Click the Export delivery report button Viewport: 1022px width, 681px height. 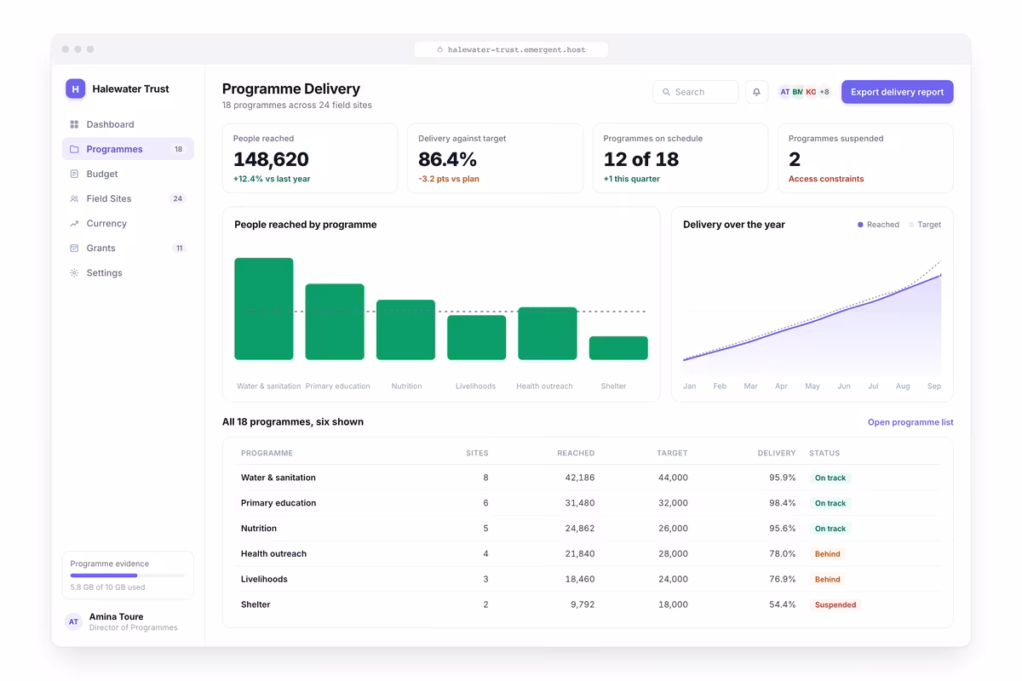click(x=897, y=92)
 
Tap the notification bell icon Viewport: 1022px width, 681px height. click(x=756, y=92)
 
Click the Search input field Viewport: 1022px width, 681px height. click(x=695, y=92)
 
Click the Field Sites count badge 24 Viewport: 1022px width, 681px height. click(x=177, y=198)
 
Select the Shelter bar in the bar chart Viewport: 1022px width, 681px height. click(x=618, y=348)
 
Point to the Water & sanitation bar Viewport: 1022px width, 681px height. click(x=264, y=309)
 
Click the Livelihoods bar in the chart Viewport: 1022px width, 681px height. click(x=476, y=338)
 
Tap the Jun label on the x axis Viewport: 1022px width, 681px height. click(x=844, y=386)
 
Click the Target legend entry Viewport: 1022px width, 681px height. click(x=924, y=225)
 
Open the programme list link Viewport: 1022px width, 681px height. click(x=910, y=422)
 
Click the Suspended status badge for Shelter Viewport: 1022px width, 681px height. click(x=835, y=604)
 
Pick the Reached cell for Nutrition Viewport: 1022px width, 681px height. click(x=579, y=528)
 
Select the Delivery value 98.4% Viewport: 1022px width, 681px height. click(x=782, y=502)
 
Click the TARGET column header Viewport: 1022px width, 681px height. click(x=672, y=453)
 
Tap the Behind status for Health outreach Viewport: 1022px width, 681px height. click(x=827, y=554)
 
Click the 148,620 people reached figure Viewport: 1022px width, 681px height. click(x=271, y=159)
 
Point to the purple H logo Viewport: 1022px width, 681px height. click(x=75, y=89)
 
